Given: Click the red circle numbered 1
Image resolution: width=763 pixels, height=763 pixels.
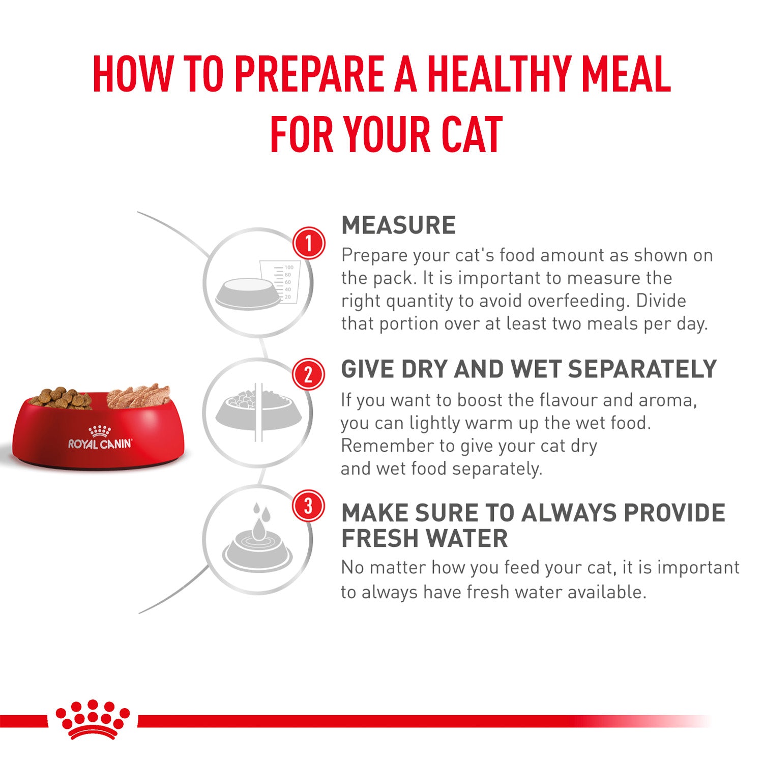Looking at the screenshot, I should [x=308, y=243].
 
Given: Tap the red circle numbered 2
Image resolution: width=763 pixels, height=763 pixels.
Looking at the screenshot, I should [x=308, y=374].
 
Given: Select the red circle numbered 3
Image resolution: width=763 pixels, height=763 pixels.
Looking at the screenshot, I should [x=308, y=506].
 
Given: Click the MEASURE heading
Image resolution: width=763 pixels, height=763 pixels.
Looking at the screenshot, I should [x=398, y=225].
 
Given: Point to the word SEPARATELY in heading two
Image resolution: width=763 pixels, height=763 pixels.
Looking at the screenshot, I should [x=642, y=369].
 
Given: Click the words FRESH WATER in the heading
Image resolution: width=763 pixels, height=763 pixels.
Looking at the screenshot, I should [x=424, y=538].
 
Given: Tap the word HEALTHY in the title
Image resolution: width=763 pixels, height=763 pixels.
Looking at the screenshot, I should [x=501, y=74].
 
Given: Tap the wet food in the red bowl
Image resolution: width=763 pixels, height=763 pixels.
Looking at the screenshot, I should [x=137, y=397].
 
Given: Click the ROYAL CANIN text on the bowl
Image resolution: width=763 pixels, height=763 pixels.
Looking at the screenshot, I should [x=100, y=444].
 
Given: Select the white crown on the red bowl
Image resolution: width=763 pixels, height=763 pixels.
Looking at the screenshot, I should [x=100, y=430].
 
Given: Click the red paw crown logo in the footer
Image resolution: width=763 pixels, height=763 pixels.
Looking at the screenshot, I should [x=92, y=719].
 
